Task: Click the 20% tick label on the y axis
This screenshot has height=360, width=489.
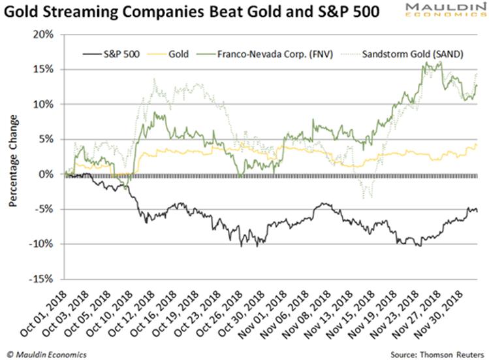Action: (43, 34)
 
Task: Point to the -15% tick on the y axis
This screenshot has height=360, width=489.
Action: (42, 279)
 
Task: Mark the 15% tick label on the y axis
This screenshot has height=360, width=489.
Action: (43, 69)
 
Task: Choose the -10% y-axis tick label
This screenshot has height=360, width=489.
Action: (42, 244)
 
